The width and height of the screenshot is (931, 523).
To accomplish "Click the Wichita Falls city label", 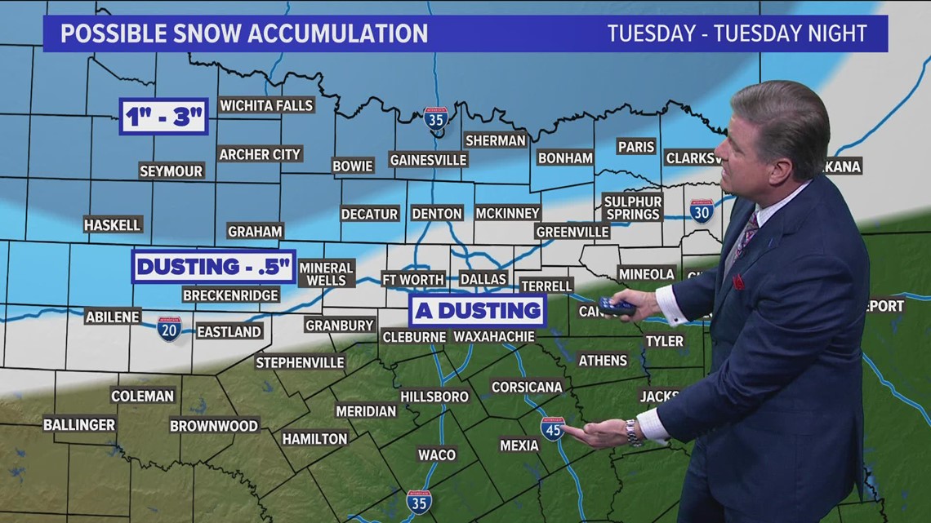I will point(266,105).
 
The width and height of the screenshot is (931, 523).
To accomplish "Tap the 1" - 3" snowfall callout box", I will point(163,117).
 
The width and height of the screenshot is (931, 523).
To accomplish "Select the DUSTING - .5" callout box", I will point(213,266).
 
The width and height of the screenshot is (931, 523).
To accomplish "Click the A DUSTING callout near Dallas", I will point(478,310).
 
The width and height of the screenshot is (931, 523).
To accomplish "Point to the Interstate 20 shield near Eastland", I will point(169,329).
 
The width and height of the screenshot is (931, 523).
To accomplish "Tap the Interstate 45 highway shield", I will point(552,428).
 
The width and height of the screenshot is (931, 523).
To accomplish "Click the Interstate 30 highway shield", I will point(701,211).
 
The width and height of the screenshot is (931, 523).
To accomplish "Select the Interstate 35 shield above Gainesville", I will point(435,118).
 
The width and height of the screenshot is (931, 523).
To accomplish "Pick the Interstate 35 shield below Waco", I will point(419,502).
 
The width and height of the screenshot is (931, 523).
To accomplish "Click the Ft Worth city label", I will point(413,279).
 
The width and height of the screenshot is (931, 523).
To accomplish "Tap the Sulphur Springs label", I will point(633,207).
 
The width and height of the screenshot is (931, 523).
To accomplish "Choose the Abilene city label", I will point(113,317).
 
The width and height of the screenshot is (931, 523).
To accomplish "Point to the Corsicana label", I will point(527,387).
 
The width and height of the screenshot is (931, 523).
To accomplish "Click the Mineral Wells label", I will point(326,273).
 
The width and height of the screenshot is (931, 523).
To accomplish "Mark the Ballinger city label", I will point(79,424).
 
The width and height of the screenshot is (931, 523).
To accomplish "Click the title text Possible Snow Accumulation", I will point(244,33).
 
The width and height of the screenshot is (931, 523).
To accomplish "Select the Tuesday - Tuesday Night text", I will point(737,33).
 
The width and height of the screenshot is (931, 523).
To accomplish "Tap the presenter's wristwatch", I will point(634,432).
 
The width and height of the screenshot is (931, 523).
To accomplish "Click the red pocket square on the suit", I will point(738,282).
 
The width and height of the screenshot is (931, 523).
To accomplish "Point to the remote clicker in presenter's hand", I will point(617,306).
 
